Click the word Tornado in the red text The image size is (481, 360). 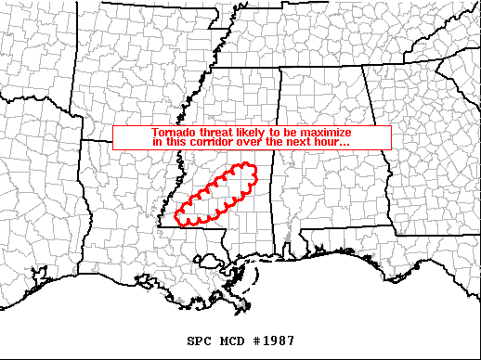(x=172, y=133)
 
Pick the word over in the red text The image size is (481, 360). (x=248, y=142)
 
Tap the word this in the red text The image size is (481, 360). (x=175, y=142)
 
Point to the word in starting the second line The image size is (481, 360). (x=156, y=142)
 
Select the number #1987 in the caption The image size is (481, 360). (x=276, y=341)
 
